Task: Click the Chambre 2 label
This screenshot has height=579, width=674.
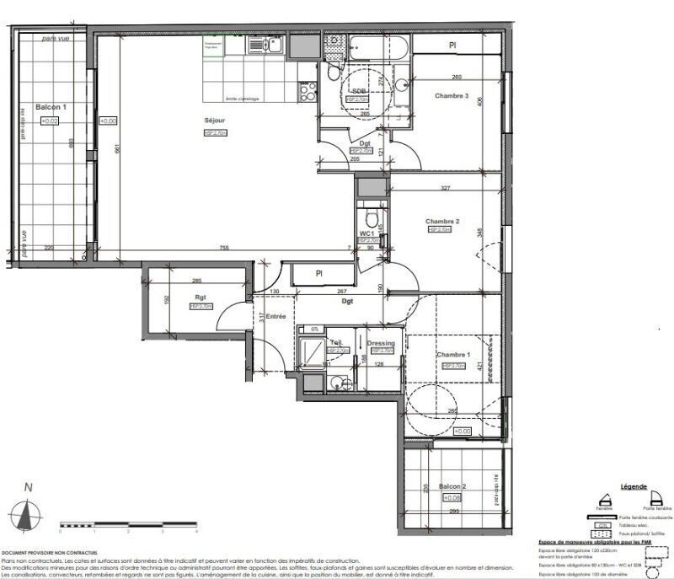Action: (441, 221)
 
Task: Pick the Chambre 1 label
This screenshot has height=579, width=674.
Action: (452, 356)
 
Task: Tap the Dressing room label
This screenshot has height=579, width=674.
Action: (382, 343)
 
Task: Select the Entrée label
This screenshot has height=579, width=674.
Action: (275, 316)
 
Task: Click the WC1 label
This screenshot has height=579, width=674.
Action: (366, 233)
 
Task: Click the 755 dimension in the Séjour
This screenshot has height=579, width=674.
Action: (224, 248)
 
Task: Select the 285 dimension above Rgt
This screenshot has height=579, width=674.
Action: (197, 281)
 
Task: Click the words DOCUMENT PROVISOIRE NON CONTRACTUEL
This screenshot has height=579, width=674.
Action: (50, 554)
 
